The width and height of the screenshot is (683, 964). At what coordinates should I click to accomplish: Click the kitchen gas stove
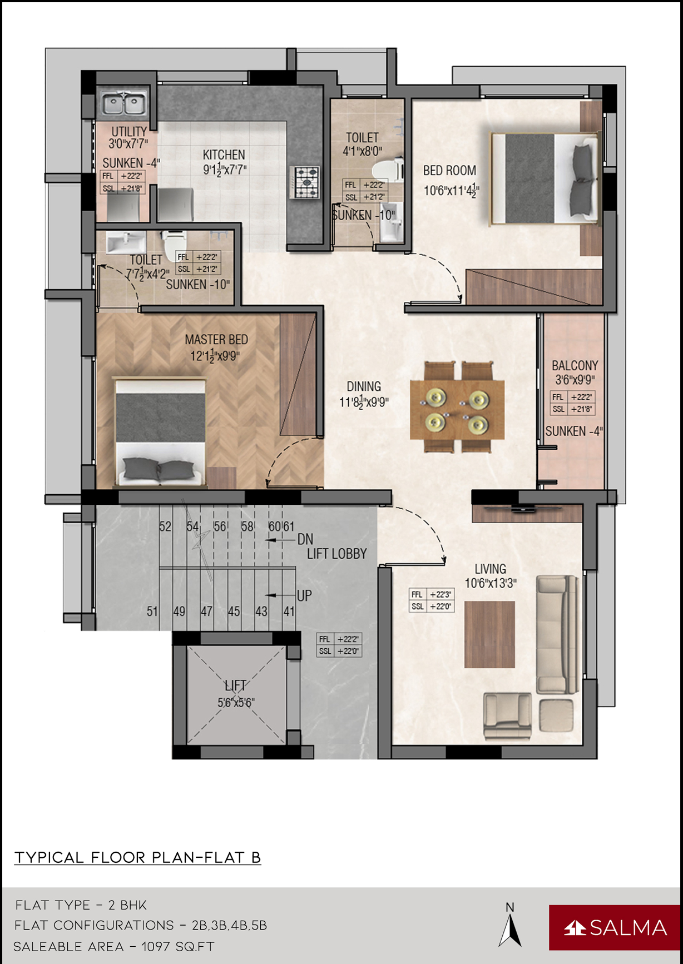[305, 182]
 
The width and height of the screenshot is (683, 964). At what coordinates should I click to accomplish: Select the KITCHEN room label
[224, 155]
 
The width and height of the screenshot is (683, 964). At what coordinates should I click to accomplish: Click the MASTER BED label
[216, 339]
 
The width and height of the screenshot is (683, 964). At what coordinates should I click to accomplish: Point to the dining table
[457, 409]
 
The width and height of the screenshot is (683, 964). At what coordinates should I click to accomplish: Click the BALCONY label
[575, 365]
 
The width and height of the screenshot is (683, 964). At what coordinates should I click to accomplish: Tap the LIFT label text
[235, 686]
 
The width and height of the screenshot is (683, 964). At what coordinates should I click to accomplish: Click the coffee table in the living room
[489, 634]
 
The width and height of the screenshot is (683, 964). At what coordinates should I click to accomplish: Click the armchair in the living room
[507, 716]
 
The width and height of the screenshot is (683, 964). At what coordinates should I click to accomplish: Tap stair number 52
[165, 526]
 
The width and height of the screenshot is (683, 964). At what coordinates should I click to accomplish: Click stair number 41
[289, 612]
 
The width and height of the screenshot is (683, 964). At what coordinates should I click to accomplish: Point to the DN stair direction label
[305, 539]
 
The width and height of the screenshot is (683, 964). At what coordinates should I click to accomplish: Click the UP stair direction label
[304, 596]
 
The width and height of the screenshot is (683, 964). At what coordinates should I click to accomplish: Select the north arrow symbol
[510, 930]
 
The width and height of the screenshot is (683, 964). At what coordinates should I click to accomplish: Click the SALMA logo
[615, 927]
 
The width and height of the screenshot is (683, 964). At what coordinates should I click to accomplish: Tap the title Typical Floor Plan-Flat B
[137, 857]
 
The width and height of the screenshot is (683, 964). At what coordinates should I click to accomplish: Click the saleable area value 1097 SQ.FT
[178, 946]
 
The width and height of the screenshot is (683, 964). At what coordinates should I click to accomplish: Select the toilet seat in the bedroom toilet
[387, 170]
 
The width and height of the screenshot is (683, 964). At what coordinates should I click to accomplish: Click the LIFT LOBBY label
[337, 554]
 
